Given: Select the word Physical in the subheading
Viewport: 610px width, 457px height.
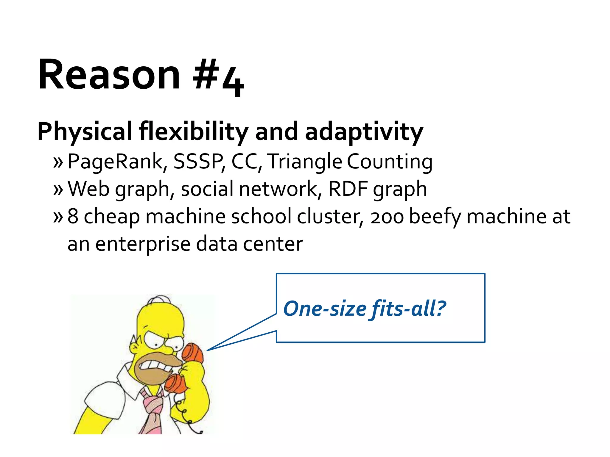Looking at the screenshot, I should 85,132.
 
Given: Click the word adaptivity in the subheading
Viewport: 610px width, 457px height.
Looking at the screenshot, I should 364,132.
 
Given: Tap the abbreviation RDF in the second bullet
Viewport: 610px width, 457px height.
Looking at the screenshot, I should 348,189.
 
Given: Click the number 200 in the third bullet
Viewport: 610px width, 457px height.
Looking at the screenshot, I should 387,217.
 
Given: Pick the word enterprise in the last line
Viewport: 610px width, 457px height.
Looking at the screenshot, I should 143,244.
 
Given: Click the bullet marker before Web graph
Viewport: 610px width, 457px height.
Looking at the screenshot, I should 58,190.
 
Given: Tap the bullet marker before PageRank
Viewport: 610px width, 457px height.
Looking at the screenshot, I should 58,162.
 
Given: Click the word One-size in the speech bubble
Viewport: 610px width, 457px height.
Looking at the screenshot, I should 325,309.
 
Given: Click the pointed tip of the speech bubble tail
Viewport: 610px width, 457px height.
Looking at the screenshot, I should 208,350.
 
